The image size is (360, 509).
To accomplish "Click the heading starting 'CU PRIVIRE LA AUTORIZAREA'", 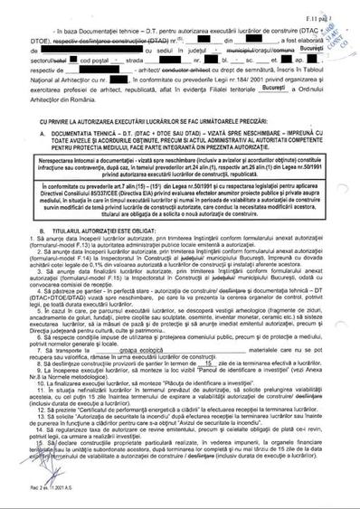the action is [178, 118].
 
